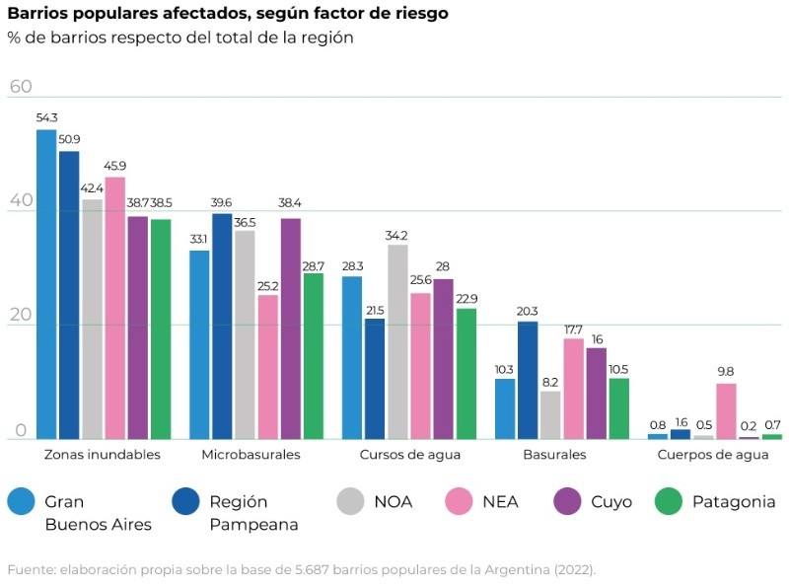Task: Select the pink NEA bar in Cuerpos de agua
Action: point(726,411)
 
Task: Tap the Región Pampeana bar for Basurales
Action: point(528,380)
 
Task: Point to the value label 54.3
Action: point(46,118)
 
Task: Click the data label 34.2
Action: point(397,235)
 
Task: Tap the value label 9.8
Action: point(726,372)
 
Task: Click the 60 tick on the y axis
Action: point(21,86)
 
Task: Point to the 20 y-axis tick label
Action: point(21,316)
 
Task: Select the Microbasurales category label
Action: point(251,455)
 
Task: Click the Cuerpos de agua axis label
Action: point(712,455)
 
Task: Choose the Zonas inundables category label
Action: point(103,455)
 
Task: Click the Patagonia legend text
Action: point(734,501)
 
